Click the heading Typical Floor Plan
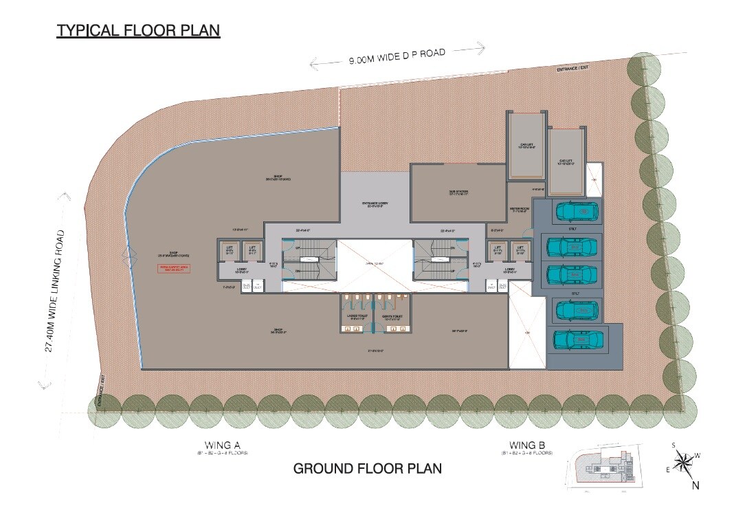pos(138,31)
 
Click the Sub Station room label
pos(458,193)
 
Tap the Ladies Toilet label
pos(355,317)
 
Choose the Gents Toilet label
pos(391,317)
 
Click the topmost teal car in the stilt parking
pos(577,210)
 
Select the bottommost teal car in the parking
pos(580,340)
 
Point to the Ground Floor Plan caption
pos(367,469)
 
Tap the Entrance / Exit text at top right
pos(573,69)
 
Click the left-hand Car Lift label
pos(527,146)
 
